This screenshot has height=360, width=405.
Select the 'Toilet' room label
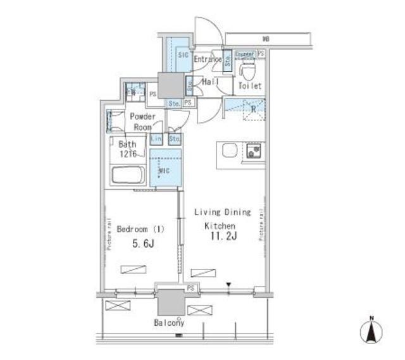tap(249, 86)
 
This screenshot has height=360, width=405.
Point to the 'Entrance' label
tap(208, 60)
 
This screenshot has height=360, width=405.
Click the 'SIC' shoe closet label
tap(183, 56)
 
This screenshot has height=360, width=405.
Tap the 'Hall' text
tap(210, 82)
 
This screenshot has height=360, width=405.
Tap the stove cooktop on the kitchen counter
tap(256, 151)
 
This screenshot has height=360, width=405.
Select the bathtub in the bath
tap(129, 175)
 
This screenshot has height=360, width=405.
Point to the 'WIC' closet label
tap(163, 171)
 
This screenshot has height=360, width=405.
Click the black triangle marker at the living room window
tap(229, 285)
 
